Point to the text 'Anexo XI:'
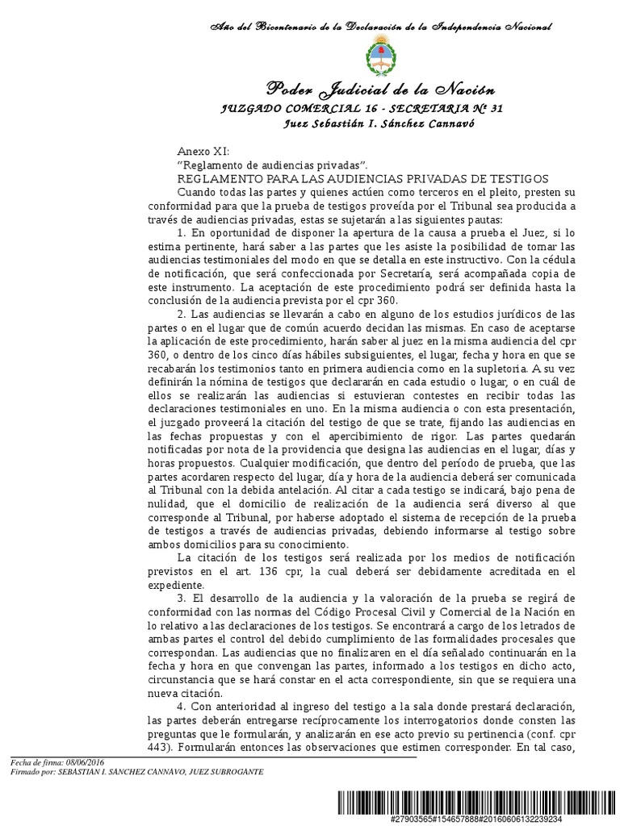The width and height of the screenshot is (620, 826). [203, 152]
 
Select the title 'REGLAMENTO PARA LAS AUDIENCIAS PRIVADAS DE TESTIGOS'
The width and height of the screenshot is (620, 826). [362, 177]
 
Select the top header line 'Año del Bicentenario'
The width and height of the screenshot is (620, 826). [379, 27]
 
